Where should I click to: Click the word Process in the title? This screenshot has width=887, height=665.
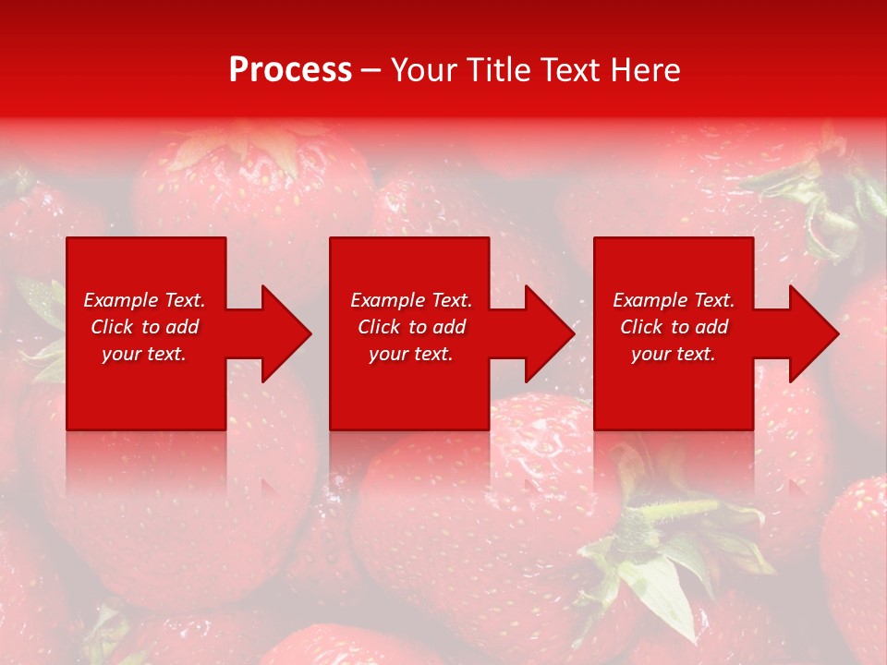290,69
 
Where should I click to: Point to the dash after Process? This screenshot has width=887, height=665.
371,70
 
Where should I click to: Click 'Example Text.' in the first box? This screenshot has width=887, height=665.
144,300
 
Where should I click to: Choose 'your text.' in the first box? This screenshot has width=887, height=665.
144,354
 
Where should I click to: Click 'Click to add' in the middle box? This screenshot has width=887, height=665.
411,327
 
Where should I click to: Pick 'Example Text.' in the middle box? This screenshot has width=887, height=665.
411,300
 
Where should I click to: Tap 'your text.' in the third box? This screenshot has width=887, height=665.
674,354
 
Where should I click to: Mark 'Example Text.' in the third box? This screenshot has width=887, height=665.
674,300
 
